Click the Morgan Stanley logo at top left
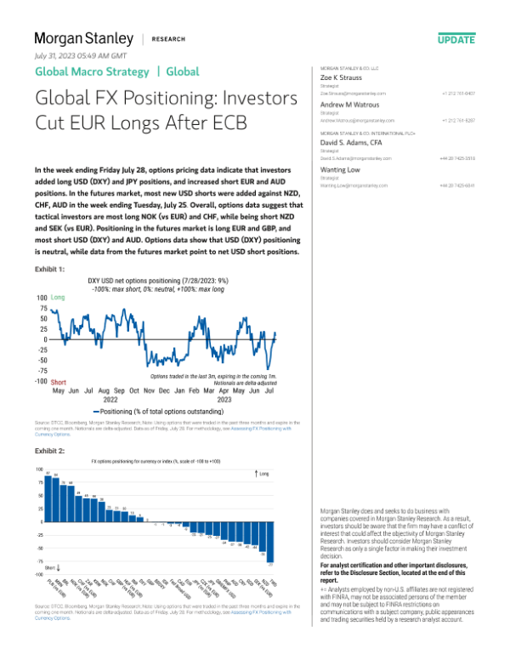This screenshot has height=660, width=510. (83, 38)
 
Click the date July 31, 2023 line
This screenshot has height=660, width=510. (79, 55)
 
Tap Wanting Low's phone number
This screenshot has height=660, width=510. (457, 185)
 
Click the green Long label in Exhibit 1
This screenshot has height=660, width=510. (59, 298)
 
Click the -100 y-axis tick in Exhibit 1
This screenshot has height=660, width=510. (40, 382)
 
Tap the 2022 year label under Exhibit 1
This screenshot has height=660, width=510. (110, 398)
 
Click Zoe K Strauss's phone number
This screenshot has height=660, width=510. (457, 93)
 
